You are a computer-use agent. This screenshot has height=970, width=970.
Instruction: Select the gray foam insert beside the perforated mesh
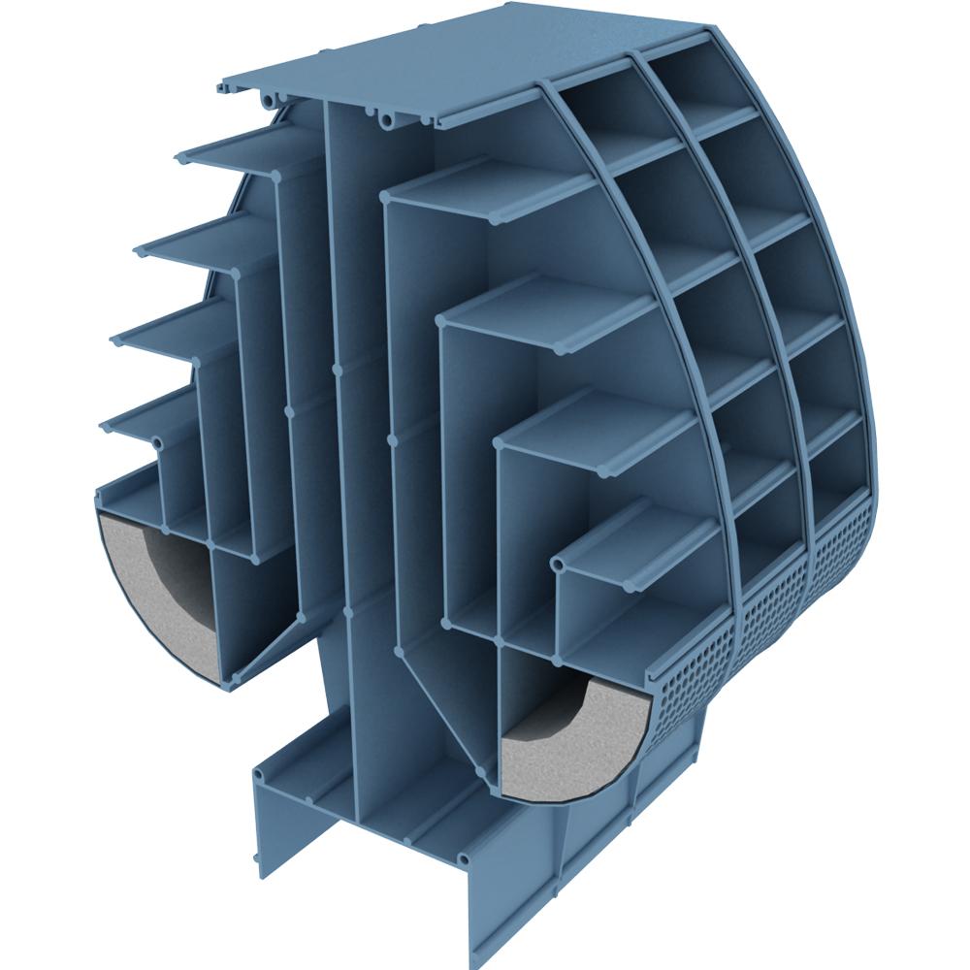[572, 747]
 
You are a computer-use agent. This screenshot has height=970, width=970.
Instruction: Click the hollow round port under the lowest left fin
[158, 442]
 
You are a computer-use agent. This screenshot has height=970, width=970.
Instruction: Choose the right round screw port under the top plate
[387, 120]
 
